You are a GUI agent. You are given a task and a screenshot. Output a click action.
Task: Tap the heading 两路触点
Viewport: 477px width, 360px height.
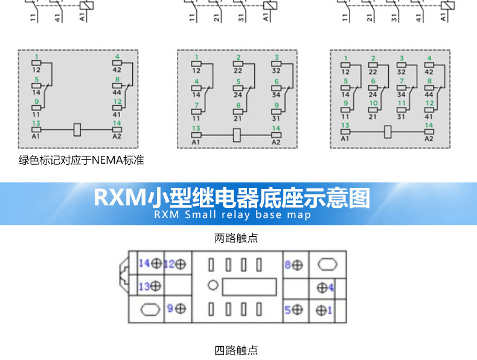[x=236, y=238]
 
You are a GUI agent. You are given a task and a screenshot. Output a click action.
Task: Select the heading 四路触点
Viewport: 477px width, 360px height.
[x=236, y=350]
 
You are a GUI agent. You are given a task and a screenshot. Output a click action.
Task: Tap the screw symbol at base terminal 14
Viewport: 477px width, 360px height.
[x=156, y=263]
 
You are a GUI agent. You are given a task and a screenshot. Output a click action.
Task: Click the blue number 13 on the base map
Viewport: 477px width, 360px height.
[x=144, y=286]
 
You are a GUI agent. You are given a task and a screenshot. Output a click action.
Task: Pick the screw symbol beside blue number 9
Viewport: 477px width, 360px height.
[x=181, y=309]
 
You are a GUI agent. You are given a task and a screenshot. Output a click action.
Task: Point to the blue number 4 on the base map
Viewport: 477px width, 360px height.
[x=331, y=287]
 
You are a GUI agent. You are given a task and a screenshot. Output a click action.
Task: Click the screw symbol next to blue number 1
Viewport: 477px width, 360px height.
[x=321, y=310]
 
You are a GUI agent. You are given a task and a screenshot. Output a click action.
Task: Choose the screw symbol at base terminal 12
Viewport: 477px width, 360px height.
[x=181, y=264]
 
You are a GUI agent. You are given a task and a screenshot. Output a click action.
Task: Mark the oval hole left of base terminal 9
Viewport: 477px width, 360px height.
[x=150, y=309]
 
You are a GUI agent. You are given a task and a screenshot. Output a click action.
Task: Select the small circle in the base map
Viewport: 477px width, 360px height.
[x=212, y=286]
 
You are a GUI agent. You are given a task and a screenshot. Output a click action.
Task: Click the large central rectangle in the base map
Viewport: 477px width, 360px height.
[x=249, y=286]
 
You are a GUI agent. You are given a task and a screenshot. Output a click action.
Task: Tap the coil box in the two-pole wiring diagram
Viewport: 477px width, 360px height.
[x=77, y=129]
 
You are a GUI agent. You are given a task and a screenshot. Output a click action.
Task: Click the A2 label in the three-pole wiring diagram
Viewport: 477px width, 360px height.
[x=276, y=142]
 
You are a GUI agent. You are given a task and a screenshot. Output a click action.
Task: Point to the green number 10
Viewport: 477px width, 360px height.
[x=373, y=103]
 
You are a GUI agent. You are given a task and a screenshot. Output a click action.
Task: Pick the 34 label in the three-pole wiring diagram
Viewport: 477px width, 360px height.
[x=277, y=95]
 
